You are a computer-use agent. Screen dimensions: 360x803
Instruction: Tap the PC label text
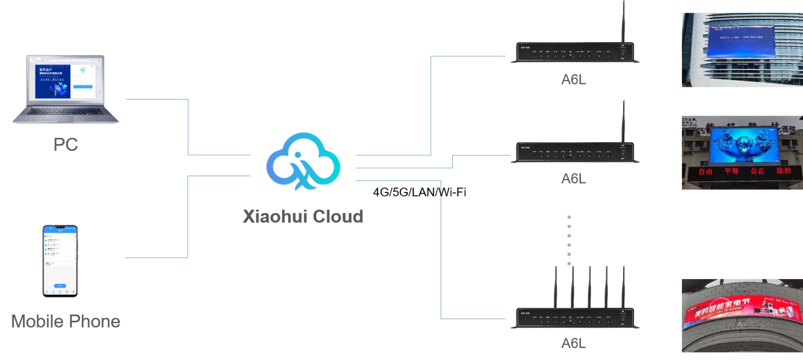(x=66, y=145)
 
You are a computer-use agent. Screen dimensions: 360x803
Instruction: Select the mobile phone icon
(x=60, y=261)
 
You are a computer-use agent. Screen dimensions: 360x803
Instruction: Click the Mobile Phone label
(x=66, y=322)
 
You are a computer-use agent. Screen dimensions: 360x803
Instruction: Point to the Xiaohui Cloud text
(x=303, y=217)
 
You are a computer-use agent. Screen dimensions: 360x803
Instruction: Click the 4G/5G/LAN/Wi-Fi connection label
(x=419, y=193)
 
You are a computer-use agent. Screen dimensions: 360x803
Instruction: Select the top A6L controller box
(x=574, y=52)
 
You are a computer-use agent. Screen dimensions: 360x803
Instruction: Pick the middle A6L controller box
(x=574, y=152)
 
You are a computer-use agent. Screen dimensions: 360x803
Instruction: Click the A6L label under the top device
(x=573, y=79)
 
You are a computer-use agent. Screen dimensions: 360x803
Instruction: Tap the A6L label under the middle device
(x=573, y=179)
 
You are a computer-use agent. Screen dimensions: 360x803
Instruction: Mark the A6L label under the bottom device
(x=573, y=343)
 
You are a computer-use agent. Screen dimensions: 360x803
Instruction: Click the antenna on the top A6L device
(x=624, y=23)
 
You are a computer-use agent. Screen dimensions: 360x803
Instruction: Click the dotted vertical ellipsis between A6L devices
(x=569, y=240)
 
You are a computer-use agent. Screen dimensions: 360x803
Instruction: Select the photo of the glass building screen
(x=742, y=50)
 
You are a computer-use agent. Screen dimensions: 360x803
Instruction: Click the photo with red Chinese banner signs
(x=742, y=153)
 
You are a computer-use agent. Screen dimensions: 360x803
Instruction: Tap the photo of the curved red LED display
(x=742, y=315)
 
